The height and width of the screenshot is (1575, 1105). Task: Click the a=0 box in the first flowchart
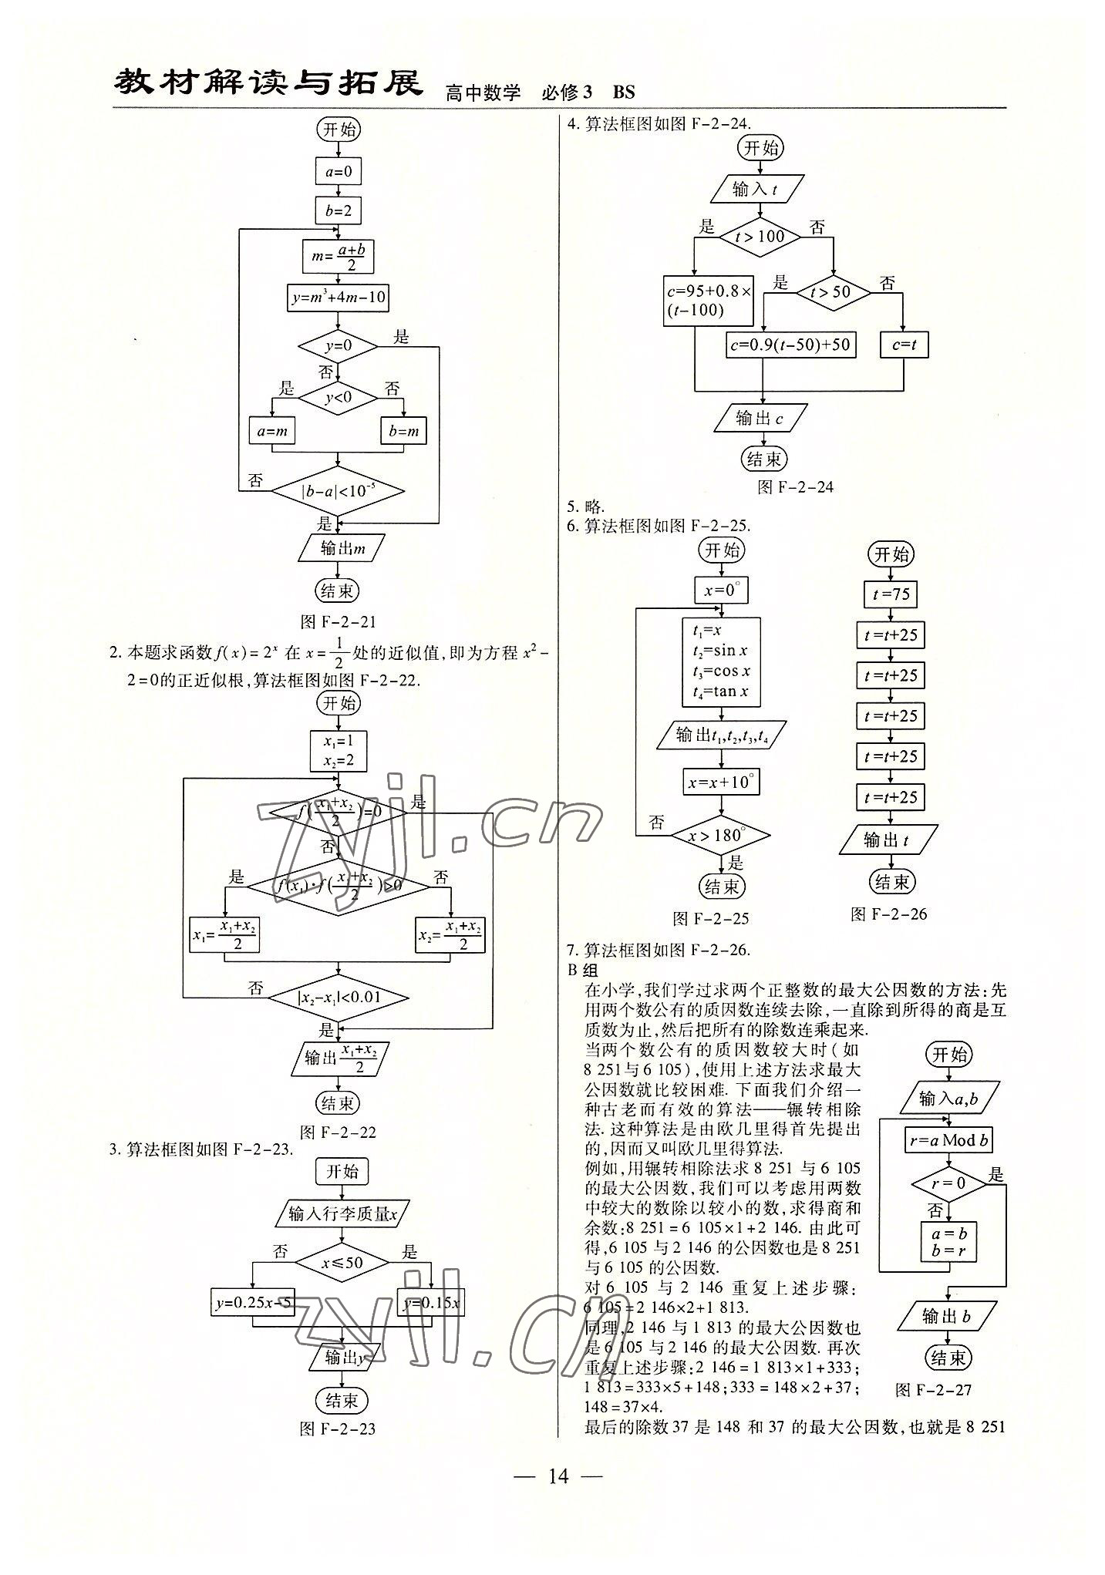point(338,171)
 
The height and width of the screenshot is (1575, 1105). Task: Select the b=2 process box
point(338,210)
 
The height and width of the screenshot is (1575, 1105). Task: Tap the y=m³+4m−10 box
point(338,297)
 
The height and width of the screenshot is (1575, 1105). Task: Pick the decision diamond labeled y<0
point(338,397)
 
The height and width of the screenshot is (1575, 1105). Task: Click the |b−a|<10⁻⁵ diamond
point(338,490)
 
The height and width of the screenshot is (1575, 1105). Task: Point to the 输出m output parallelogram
point(340,549)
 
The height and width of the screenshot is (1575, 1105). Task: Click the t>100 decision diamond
point(760,237)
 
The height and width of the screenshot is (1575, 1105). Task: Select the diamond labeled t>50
point(833,292)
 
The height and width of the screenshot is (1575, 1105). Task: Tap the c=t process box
point(904,345)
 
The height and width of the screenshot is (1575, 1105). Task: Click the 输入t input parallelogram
point(756,188)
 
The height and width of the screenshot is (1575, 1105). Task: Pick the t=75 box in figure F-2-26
point(891,594)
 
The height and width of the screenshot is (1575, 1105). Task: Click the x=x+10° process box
point(721,782)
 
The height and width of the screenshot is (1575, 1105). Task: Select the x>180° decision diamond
point(720,835)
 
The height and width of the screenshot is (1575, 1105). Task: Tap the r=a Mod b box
point(948,1139)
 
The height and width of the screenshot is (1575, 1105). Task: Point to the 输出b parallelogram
point(947,1317)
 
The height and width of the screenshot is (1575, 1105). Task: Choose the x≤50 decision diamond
point(342,1263)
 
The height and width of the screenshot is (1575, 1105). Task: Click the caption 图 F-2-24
point(795,487)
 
